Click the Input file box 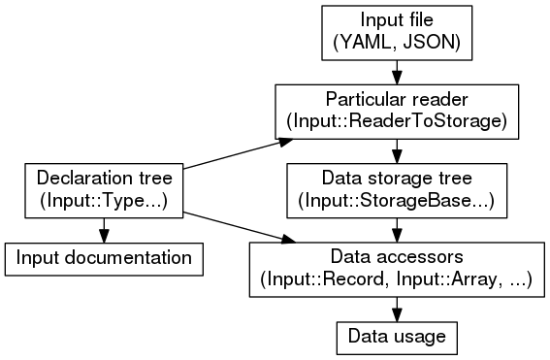click(x=396, y=32)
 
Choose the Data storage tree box click(x=396, y=189)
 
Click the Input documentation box click(x=104, y=258)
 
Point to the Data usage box click(x=396, y=337)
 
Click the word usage click(x=419, y=337)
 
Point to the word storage click(x=397, y=179)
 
